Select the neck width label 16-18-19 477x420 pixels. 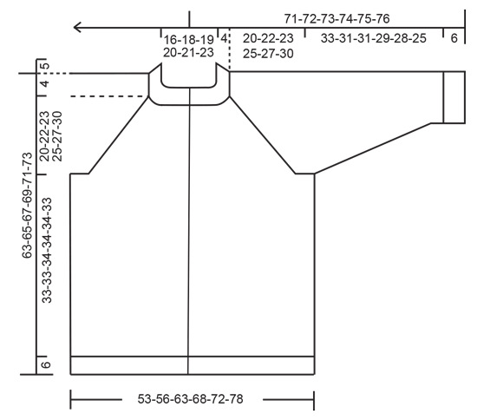coord(187,39)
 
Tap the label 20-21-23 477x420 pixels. coord(187,52)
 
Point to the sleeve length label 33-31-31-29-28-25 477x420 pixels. coord(373,39)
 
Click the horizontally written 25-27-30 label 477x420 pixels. coord(267,52)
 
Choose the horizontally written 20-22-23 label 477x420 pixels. coord(267,39)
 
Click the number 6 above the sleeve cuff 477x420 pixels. coord(454,39)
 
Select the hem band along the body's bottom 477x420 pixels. coord(192,365)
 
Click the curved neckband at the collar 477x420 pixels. coord(189,97)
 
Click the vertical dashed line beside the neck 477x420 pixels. coord(229,52)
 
